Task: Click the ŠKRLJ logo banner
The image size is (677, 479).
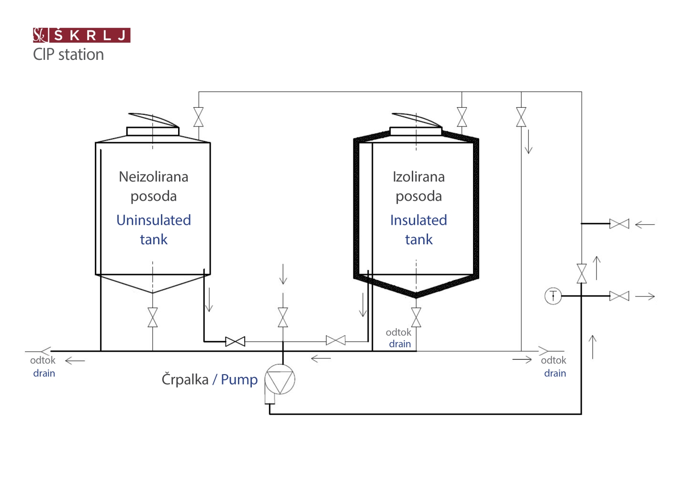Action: pos(81,35)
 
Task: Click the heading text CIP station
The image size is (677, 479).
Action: pos(68,55)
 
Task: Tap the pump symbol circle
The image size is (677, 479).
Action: pos(280,379)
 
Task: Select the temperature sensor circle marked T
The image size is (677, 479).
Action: pos(553,296)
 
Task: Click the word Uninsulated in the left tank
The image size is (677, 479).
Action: pos(154,220)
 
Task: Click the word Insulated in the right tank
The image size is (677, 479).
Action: pos(418,220)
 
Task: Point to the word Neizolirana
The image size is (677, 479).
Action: pos(154,177)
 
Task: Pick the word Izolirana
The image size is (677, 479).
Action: pos(418,177)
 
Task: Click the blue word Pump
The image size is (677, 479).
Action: pos(239,380)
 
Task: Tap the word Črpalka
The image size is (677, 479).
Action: pos(185,379)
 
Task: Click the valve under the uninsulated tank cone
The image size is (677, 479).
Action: pos(153,318)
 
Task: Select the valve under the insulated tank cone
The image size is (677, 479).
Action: pos(416,318)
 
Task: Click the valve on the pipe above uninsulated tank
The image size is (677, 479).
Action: pos(199,117)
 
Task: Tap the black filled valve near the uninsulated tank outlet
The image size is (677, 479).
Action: pos(235,342)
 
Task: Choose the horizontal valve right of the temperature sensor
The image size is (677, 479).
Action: pos(619,296)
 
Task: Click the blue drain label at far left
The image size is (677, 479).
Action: pos(44,373)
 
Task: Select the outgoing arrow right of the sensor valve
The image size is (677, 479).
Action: pos(645,297)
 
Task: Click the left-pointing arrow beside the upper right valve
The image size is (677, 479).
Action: pos(645,224)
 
